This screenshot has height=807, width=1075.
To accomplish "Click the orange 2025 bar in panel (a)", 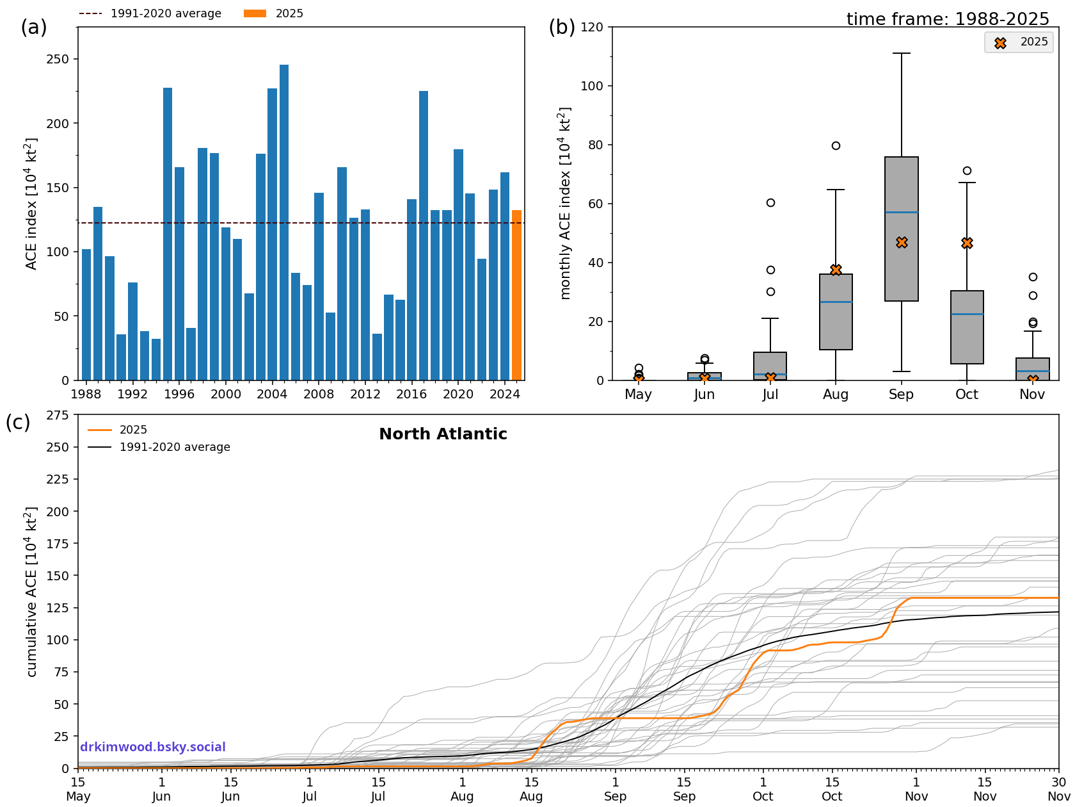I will click(x=516, y=295).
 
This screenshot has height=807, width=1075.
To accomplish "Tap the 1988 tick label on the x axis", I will click(x=86, y=395).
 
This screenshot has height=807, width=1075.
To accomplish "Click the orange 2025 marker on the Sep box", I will click(x=902, y=243).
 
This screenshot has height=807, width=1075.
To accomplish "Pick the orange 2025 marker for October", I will click(x=967, y=243).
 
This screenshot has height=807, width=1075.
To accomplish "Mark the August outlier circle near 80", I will click(x=836, y=146).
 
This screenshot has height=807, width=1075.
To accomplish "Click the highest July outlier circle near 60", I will click(x=770, y=203).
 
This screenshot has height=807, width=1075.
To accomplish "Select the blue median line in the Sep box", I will click(x=902, y=213).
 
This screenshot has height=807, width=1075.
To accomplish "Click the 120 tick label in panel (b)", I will click(x=592, y=28).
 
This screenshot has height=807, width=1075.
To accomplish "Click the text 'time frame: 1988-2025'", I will click(x=948, y=19).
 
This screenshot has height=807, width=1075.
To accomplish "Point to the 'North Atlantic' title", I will click(x=443, y=434).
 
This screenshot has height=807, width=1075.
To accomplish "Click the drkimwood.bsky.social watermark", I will click(x=153, y=747).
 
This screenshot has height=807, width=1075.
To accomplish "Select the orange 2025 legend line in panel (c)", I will click(x=100, y=430).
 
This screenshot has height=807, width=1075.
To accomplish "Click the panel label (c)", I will click(x=18, y=423).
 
